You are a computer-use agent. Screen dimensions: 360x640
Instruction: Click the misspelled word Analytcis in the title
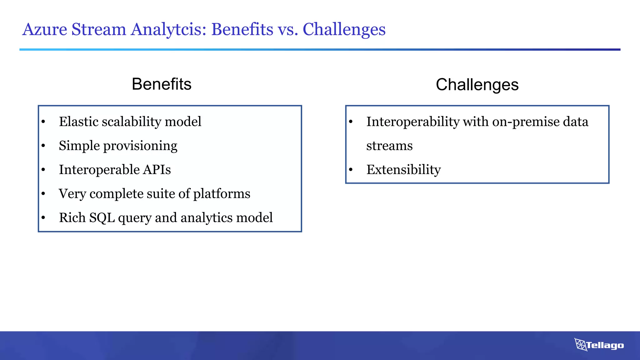pos(168,30)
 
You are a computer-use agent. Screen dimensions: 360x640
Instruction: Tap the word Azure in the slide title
pos(45,30)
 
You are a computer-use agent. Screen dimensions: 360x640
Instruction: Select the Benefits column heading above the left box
pos(162,84)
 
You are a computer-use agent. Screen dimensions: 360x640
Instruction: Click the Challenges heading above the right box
pos(477,85)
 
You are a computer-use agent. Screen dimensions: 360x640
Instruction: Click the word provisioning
pos(140,146)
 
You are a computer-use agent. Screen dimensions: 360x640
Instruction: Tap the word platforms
pos(222,194)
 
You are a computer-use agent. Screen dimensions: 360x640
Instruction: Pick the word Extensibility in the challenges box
pos(403,170)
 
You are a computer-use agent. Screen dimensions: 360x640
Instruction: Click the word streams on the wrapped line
pos(389,146)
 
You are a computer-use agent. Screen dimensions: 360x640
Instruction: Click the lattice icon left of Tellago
pos(580,345)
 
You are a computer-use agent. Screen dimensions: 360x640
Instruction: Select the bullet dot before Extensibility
pos(351,170)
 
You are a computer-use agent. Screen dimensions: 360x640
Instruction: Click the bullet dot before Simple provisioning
pos(43,146)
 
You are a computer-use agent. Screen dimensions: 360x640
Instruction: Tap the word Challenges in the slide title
pos(344,30)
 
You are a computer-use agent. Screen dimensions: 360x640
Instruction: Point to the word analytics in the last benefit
pos(207,217)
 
